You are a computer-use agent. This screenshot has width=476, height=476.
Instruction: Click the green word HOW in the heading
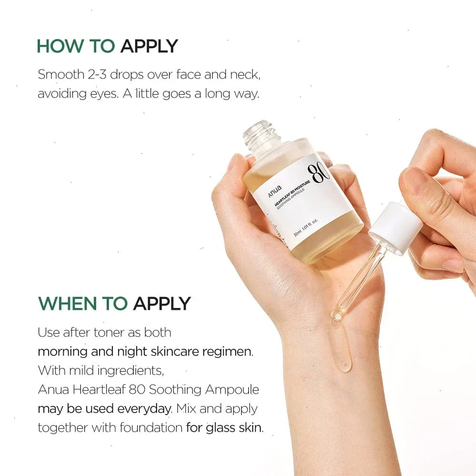pos(60,46)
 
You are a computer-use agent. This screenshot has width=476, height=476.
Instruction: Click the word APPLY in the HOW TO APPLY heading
pos(149,46)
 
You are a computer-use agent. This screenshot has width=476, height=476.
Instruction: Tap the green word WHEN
pos(68,304)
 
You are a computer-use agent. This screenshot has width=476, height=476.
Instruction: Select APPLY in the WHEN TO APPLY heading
pos(162,304)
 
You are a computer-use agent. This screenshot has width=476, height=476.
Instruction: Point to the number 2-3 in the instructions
pos(97,74)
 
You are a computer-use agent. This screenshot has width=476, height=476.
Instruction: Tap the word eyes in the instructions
pos(104,94)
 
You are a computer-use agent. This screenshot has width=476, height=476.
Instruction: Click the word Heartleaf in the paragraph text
pos(99,389)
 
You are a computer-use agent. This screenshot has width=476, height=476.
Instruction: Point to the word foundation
pos(151,428)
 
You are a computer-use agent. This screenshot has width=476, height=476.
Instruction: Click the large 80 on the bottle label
pos(318,173)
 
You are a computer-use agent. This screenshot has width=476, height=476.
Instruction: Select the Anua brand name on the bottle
pos(275,191)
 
